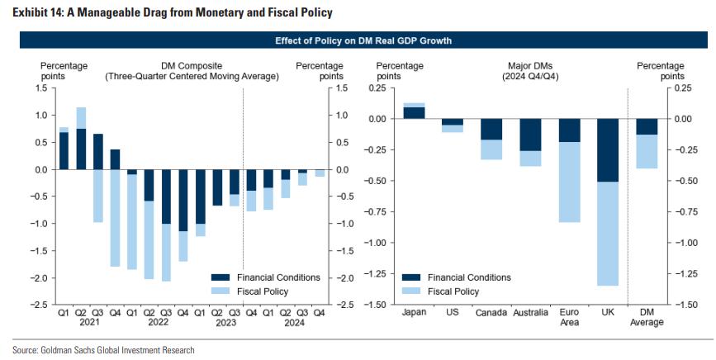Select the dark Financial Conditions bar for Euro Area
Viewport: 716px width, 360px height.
click(x=569, y=130)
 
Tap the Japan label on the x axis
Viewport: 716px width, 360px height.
click(x=414, y=313)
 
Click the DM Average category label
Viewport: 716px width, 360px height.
click(x=647, y=317)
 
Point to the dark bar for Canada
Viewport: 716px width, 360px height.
click(x=491, y=129)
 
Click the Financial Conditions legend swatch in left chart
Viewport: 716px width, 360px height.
click(x=223, y=277)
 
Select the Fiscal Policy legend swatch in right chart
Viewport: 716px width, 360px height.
click(x=414, y=291)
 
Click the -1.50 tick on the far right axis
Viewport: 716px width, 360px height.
click(x=681, y=305)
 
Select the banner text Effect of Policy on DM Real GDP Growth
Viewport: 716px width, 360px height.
click(x=357, y=40)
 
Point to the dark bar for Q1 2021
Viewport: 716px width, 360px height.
click(x=64, y=151)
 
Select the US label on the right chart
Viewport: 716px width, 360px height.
click(x=452, y=313)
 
